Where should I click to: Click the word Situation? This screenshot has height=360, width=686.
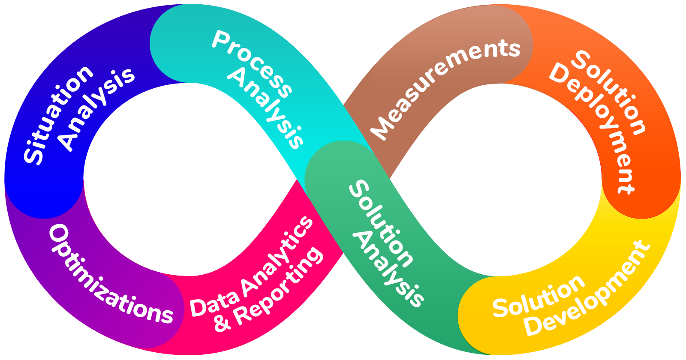(x=58, y=115)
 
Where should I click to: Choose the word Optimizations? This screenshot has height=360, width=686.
(x=109, y=276)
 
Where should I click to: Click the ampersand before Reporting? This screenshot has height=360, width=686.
(x=222, y=323)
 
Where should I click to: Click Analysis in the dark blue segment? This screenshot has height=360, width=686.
(x=96, y=109)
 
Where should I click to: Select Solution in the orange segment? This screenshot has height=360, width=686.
(x=609, y=92)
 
